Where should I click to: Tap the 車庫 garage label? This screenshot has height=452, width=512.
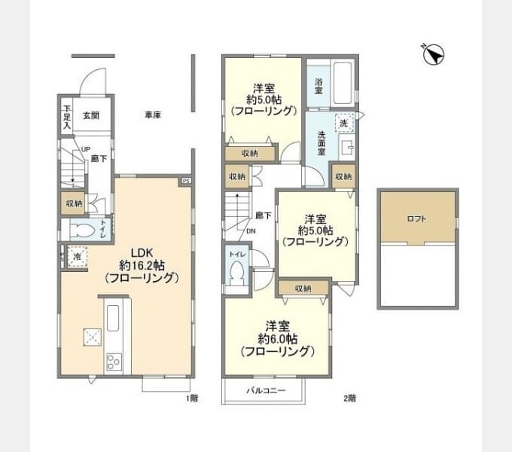154,115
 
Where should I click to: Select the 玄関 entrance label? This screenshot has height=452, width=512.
91,115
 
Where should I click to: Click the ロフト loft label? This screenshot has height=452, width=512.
416,218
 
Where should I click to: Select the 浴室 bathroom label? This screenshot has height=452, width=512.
318,86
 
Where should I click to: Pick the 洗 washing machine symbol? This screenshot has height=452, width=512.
343,122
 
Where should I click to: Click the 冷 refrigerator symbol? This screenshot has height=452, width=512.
78,257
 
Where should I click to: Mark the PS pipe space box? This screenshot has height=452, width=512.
184,181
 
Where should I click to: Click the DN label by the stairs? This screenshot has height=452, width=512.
250,231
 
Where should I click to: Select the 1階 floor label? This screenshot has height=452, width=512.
192,397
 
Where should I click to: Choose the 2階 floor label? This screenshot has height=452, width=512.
349,397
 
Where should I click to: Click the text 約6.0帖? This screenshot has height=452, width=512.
276,338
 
